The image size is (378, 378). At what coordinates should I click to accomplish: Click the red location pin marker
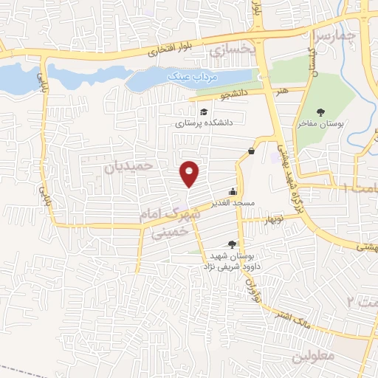pos(190,174)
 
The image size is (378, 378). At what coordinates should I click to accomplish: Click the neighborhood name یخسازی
pos(232,50)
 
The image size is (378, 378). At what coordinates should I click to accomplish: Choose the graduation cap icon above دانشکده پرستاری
pos(182,111)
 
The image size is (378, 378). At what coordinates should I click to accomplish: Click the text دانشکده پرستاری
pos(204,123)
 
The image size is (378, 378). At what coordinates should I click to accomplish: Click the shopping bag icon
pos(252,151)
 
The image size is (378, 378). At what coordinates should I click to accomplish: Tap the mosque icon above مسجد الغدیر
pos(233,190)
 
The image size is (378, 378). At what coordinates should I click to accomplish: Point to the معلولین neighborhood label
pos(314,355)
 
